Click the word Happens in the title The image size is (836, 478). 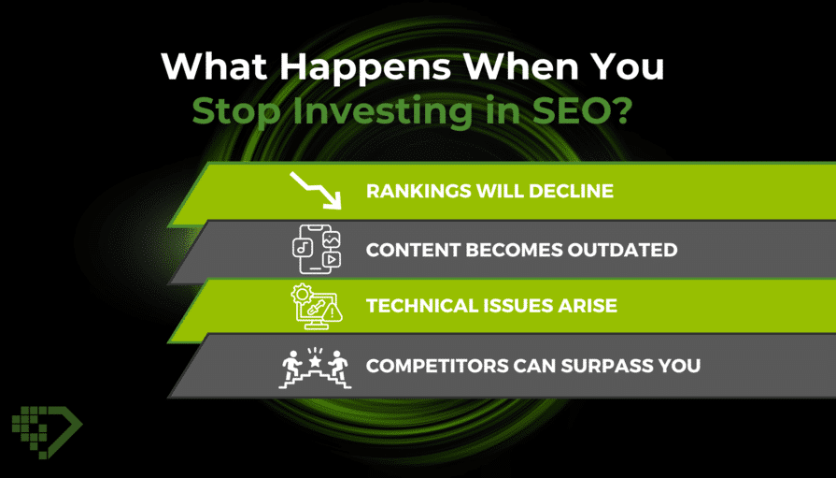365,68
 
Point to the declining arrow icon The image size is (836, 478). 316,190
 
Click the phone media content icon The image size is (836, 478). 317,250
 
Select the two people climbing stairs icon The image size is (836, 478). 315,368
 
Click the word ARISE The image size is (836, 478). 588,306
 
